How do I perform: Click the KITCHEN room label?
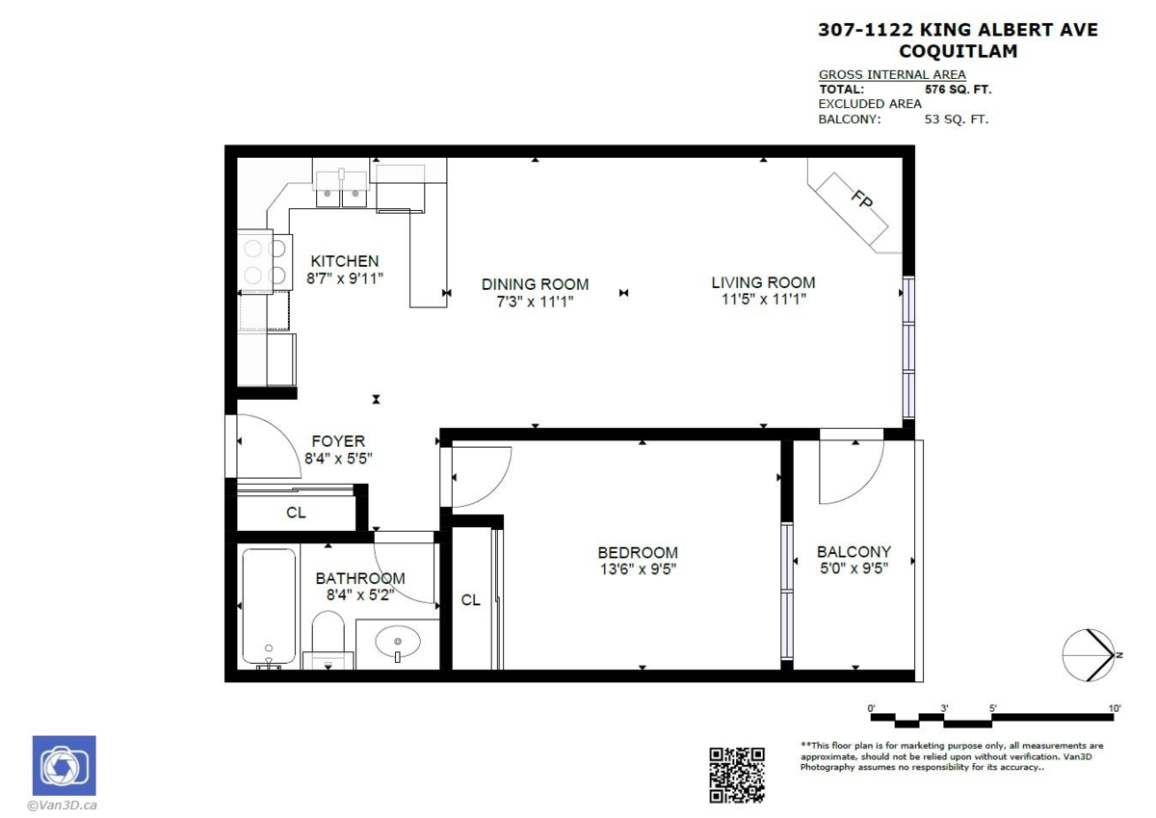point(345,261)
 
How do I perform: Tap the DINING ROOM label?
point(536,284)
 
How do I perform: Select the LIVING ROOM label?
point(763,283)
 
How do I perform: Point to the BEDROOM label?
point(638,553)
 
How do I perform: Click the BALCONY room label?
point(854,552)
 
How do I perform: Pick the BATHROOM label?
point(360,578)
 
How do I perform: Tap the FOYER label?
point(338,441)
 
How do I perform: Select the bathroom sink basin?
point(397,643)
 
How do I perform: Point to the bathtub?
point(269,607)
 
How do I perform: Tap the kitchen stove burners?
point(264,262)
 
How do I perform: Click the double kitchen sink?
point(341,189)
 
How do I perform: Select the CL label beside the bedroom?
point(471,599)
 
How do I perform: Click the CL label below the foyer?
point(297,513)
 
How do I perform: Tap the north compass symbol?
point(1089,655)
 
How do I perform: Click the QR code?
point(736,776)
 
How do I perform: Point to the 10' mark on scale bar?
point(1115,708)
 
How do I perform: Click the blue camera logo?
point(64,766)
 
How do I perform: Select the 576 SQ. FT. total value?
point(958,90)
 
